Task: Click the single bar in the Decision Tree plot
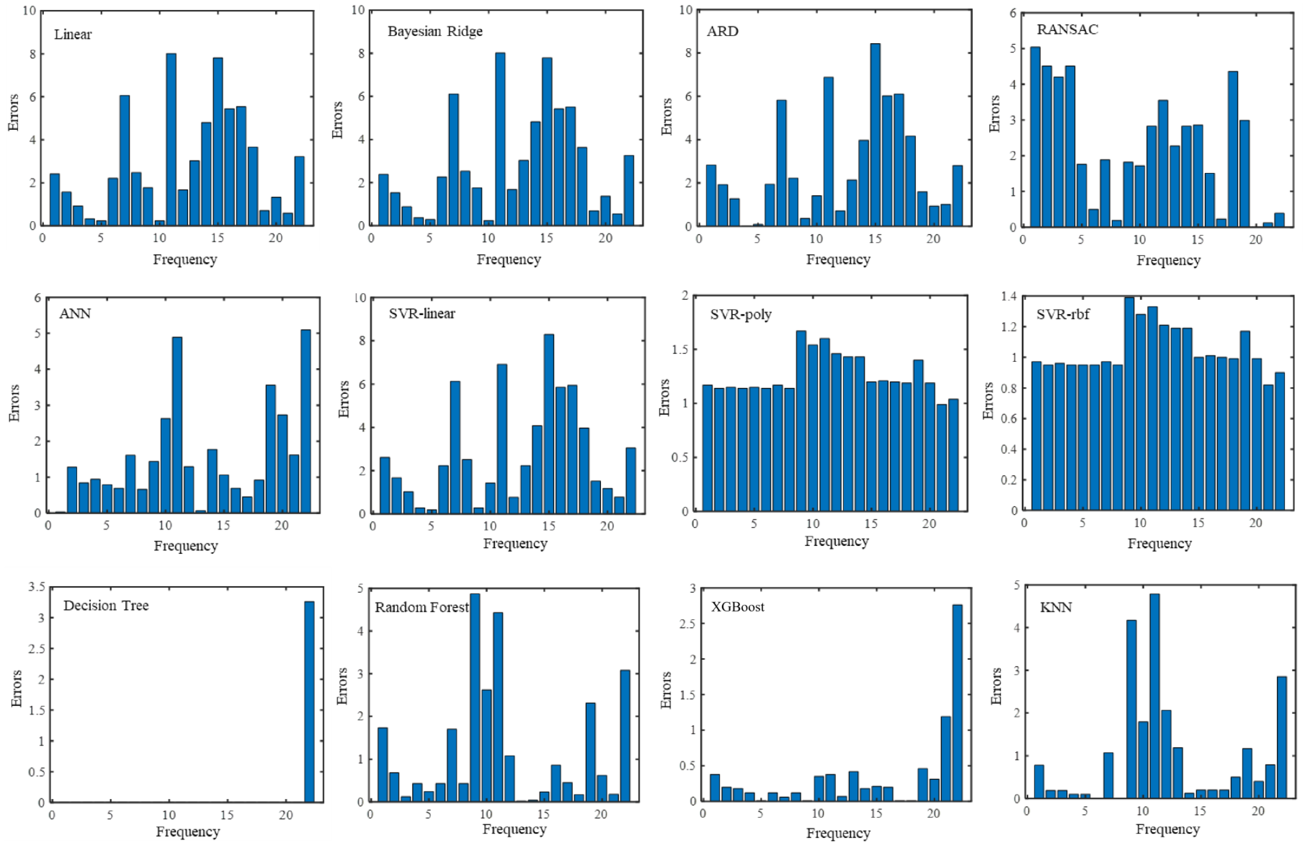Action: click(309, 701)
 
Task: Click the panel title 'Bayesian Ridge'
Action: click(435, 31)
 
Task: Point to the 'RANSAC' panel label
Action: click(1067, 30)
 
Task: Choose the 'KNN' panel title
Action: click(1055, 607)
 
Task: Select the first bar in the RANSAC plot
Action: click(1035, 137)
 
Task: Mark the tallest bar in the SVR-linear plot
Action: click(548, 424)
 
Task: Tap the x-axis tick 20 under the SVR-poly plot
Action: click(929, 523)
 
